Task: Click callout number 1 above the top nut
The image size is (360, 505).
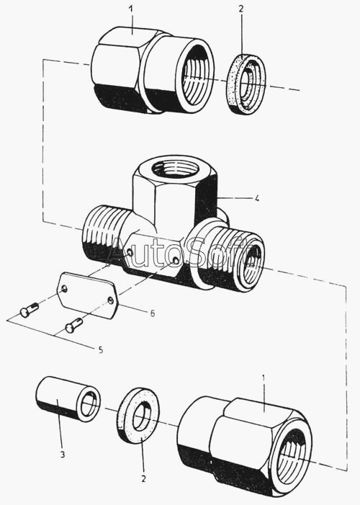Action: [130, 9]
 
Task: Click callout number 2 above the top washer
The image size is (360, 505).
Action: [241, 9]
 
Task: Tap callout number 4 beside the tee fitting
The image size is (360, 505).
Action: [256, 199]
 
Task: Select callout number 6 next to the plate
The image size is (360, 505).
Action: [153, 313]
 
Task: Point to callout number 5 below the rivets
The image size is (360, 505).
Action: [101, 350]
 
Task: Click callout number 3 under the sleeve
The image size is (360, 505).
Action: [63, 455]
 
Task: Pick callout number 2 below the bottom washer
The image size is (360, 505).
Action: [143, 478]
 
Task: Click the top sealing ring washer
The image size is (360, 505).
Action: [247, 84]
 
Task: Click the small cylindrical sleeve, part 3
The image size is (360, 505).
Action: [68, 398]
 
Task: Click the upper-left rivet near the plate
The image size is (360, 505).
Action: [29, 309]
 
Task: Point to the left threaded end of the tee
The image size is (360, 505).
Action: [101, 233]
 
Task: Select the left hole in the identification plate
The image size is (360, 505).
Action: [64, 289]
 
